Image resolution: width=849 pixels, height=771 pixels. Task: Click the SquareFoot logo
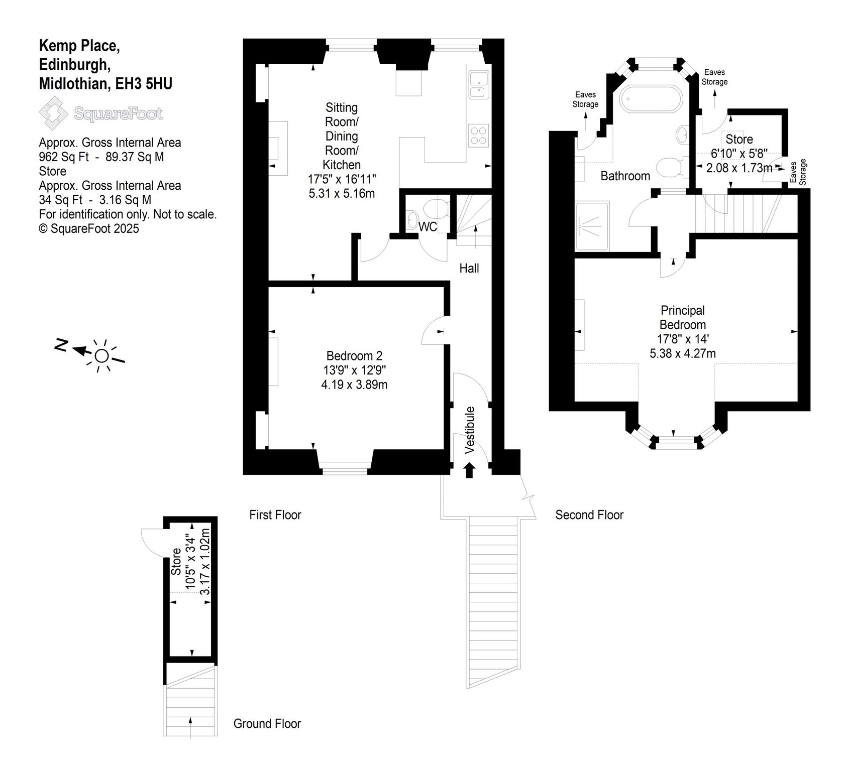pos(101,113)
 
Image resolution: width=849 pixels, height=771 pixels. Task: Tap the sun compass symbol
pos(101,355)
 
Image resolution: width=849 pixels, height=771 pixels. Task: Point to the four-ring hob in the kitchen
pos(479,135)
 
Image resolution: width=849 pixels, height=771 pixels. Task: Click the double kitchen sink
pos(478,84)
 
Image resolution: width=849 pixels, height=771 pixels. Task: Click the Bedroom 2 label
pos(354,356)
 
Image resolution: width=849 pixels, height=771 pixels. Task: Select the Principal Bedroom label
pos(683,317)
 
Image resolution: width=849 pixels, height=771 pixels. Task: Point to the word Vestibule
pos(470,430)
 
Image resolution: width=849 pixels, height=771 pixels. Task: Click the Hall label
pos(469,269)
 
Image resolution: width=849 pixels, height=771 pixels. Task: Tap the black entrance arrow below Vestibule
pos(470,470)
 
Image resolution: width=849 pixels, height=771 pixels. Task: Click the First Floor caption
pos(275,515)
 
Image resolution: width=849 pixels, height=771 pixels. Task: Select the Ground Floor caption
pos(267,724)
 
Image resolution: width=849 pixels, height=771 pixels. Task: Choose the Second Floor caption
pos(589,515)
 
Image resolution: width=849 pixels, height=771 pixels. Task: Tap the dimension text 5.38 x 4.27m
pos(683,353)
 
